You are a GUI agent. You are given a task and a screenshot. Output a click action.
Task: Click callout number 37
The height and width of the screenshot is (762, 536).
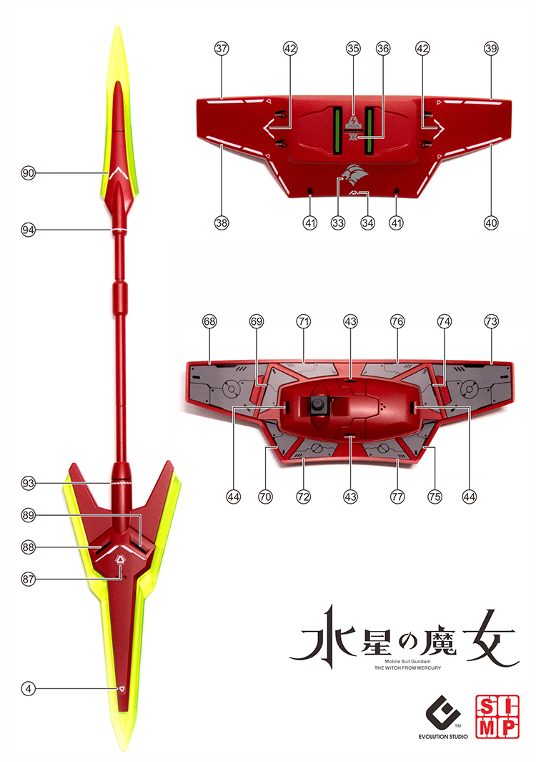(222, 49)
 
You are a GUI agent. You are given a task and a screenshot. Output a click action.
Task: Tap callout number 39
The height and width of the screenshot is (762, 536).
(491, 49)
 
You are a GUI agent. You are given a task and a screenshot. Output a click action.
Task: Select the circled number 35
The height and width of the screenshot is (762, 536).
(354, 49)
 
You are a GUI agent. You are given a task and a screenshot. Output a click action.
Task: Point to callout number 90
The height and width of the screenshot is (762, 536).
(29, 173)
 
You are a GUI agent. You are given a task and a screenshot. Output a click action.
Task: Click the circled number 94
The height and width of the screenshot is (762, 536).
(29, 230)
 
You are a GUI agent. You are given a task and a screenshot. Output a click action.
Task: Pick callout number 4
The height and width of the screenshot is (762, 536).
(29, 688)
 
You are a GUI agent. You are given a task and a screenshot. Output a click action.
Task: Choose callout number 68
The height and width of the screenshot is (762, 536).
(209, 321)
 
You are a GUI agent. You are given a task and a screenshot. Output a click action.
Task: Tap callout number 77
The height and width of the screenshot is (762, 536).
(397, 497)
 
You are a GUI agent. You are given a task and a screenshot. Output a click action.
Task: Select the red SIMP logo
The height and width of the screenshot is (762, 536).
(497, 717)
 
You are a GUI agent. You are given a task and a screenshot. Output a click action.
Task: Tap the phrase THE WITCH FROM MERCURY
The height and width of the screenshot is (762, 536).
(408, 668)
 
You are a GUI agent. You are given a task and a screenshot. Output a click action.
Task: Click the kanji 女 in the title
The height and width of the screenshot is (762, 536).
(490, 637)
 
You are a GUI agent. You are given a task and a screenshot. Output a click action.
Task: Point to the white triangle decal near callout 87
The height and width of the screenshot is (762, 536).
(120, 560)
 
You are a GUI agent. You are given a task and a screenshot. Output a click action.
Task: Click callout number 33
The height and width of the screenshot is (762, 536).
(338, 223)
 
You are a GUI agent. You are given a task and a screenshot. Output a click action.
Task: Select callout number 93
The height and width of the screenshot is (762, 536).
(29, 483)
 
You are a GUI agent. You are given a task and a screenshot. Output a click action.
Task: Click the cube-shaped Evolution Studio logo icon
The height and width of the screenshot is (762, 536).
(443, 712)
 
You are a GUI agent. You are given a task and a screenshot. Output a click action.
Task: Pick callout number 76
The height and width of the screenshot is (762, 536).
(397, 321)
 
